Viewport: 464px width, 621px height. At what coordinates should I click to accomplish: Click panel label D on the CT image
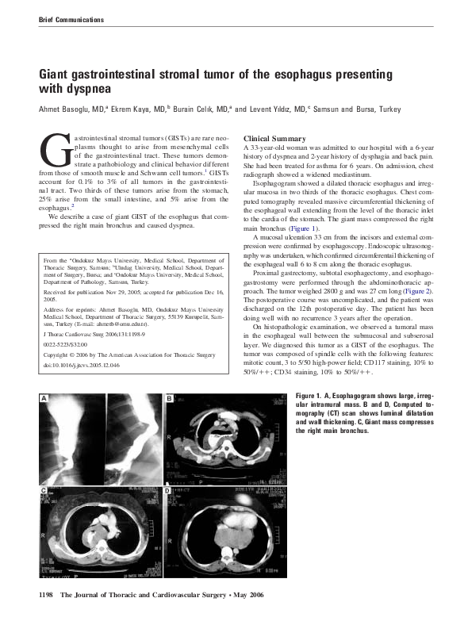tap(169, 493)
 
